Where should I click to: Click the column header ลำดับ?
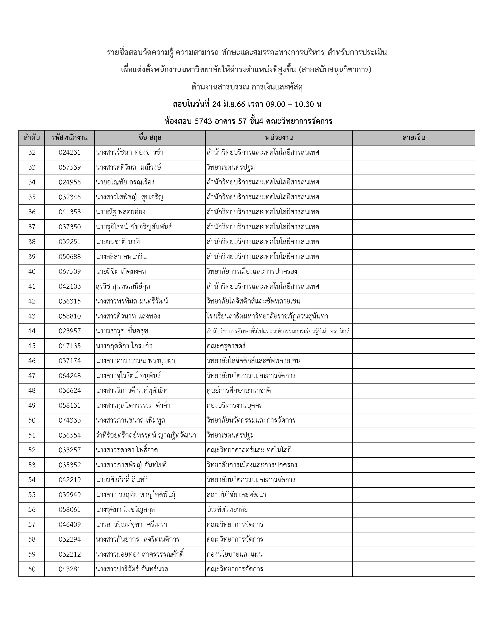32,138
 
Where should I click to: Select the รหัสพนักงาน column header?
69,138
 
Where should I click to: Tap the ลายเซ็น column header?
414,138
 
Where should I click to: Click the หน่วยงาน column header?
279,138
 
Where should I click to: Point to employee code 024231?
70,153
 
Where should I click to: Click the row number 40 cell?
32,272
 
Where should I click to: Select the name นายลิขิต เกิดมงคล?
121,272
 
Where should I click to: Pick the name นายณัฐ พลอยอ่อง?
120,212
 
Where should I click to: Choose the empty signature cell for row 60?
414,569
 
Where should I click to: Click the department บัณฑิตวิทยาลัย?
227,510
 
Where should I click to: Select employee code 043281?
70,569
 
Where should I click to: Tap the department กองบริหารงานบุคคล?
235,406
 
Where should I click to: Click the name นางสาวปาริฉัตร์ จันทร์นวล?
132,569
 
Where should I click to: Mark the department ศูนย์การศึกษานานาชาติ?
239,391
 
